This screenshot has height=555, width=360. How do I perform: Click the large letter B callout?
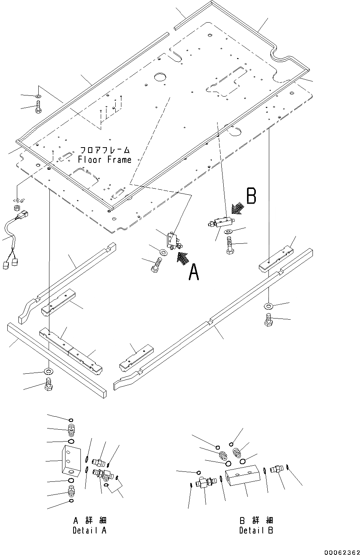[251, 196]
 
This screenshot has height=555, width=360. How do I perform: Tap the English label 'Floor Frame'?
[104, 160]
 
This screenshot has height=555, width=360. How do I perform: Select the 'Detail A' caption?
[90, 530]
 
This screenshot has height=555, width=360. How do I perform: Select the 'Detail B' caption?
[256, 530]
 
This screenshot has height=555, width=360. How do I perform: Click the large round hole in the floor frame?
[160, 77]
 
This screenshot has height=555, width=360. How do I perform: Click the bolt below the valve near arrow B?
[230, 245]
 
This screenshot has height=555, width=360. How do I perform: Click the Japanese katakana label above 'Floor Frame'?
[104, 150]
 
